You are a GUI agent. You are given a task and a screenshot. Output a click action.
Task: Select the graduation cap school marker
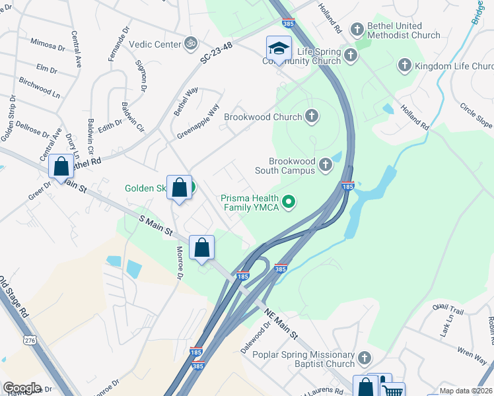tap(279, 49)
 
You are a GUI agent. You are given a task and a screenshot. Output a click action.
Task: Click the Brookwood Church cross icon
tap(312, 117)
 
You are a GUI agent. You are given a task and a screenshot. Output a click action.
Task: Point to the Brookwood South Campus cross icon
tap(325, 164)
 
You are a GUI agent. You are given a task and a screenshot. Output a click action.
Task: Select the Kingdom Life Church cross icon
tap(405, 65)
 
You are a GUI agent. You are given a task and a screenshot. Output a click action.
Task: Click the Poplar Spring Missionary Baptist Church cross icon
tap(364, 359)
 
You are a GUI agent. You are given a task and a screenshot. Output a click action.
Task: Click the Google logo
tap(22, 388)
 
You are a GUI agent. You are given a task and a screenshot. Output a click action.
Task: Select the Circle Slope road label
tap(476, 115)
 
